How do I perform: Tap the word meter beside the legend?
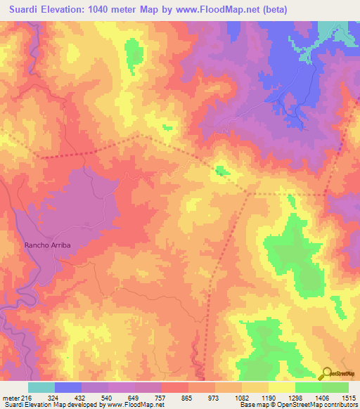[x=8, y=397]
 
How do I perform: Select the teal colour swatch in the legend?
[x=41, y=387]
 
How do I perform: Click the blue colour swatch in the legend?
[x=68, y=387]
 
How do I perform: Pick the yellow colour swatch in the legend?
[x=282, y=387]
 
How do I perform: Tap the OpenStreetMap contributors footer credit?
[x=309, y=405]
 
